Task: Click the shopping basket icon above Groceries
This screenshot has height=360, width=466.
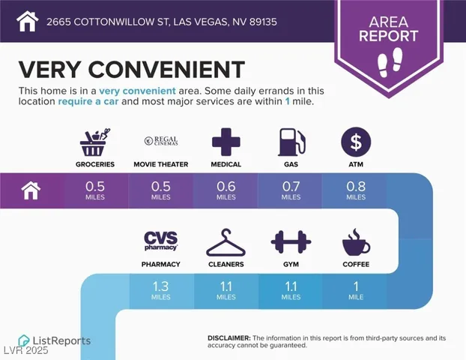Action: (x=96, y=142)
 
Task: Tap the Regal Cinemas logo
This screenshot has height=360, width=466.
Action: (x=160, y=140)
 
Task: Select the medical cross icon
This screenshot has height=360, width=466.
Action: (x=226, y=142)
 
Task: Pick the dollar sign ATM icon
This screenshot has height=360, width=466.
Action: (x=355, y=142)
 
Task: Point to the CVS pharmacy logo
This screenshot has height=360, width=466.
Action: (x=161, y=241)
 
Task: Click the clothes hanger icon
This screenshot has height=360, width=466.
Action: (x=226, y=242)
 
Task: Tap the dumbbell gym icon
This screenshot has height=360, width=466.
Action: (x=291, y=242)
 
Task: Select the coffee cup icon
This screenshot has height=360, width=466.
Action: (x=355, y=243)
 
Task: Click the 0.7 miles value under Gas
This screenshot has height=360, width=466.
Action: (x=291, y=190)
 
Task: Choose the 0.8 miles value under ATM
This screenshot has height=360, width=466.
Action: (x=355, y=190)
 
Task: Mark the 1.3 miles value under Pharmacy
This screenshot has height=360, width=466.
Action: (x=161, y=290)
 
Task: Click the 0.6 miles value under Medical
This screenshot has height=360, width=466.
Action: (x=226, y=190)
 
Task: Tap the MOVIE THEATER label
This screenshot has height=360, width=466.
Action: (x=161, y=164)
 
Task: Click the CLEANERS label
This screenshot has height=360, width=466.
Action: (x=226, y=265)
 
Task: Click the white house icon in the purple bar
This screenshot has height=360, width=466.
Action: (x=31, y=191)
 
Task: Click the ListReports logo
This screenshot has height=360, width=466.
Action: (x=54, y=340)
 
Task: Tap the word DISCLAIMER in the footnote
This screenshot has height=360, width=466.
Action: (x=229, y=338)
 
